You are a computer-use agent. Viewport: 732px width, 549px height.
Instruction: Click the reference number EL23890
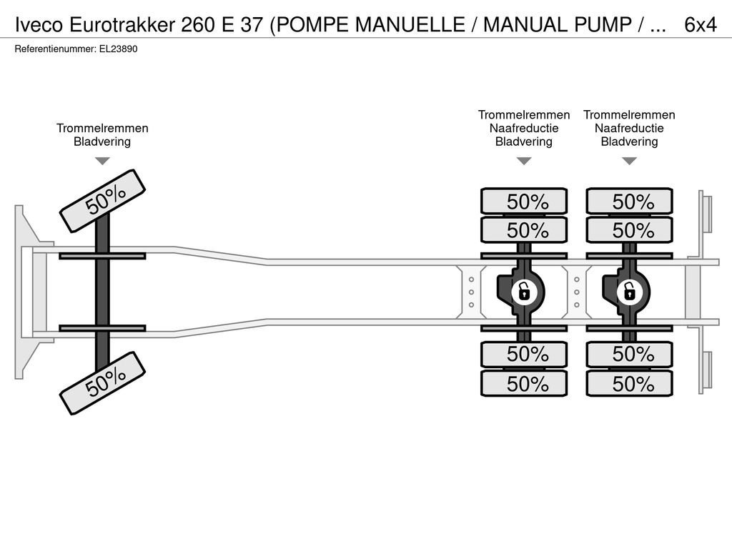118,49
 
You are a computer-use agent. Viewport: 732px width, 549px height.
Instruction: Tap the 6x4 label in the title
701,25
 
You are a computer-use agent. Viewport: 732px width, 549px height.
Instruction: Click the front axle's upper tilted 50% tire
103,201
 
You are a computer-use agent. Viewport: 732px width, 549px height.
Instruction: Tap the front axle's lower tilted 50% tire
103,383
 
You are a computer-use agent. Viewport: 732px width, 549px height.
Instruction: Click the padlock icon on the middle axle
524,292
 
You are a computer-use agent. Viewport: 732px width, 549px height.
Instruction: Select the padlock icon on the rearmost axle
629,292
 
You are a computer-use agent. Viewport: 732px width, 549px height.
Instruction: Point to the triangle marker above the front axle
102,161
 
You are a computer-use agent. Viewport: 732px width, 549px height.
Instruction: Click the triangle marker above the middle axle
524,161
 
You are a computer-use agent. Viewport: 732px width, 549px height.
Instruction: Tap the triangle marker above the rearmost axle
629,161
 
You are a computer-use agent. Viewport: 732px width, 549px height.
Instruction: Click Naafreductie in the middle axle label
524,129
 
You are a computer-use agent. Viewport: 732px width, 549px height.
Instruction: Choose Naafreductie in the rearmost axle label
629,129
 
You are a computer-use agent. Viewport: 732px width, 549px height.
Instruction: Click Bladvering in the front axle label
102,142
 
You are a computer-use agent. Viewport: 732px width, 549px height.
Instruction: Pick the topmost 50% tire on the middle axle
524,201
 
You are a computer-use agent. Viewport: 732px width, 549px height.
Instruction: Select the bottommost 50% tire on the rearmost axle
629,384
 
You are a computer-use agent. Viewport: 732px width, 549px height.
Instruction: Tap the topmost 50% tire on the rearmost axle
629,201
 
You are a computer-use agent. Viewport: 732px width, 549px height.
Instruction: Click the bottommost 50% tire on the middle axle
524,384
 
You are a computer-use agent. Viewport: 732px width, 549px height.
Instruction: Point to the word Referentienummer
56,49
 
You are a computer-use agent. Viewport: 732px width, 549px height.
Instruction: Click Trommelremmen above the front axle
102,129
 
